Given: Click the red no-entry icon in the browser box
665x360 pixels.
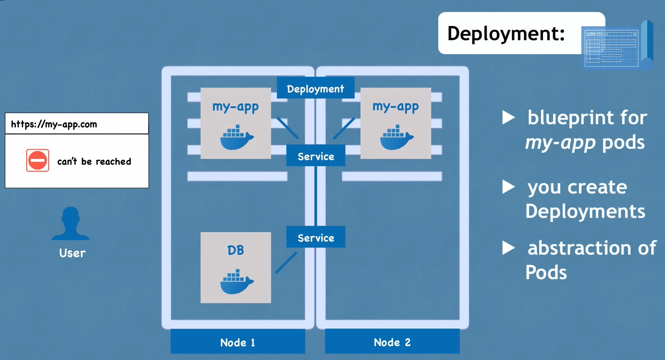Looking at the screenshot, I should point(37,160).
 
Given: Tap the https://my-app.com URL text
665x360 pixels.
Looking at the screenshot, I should point(54,124).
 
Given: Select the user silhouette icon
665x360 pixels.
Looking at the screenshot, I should point(70,224).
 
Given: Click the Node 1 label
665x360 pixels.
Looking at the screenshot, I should point(238,342).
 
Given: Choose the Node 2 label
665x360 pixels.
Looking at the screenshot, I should point(392,342).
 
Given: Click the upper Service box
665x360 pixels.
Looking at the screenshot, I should point(316,156).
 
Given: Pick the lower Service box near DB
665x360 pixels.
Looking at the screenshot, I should point(316,237).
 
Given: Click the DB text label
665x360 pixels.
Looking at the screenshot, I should point(235,250).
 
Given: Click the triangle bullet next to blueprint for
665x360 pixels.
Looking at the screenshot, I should point(508,117).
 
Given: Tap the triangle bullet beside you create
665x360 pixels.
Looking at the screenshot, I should point(508,187).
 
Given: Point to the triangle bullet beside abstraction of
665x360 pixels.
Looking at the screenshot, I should point(508,248).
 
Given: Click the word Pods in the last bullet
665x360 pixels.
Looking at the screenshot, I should point(546,272).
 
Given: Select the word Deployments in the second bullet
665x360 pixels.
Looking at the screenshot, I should point(585,211).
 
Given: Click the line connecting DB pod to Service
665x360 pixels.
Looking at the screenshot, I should point(286,263).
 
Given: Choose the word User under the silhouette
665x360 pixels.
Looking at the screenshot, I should point(72,253).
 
